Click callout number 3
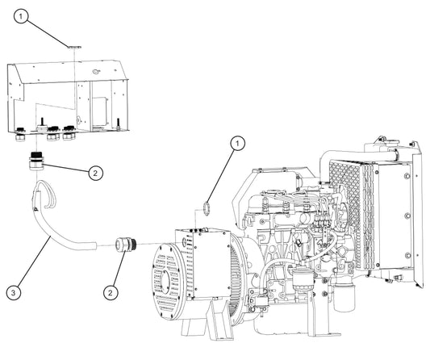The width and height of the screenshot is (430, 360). (14, 293)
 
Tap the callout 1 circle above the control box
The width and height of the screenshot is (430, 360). (21, 16)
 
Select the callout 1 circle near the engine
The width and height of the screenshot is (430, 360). (237, 144)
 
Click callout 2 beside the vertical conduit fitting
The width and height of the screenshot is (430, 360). (95, 173)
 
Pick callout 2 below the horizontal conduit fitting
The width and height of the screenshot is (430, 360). (111, 292)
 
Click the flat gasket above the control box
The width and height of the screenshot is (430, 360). (74, 47)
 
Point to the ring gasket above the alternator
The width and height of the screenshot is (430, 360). (207, 208)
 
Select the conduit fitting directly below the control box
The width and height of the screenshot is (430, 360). (36, 161)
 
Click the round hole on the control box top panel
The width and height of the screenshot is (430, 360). (96, 72)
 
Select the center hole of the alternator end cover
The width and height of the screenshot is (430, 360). (165, 281)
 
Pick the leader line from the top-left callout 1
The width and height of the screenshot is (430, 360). (48, 32)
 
